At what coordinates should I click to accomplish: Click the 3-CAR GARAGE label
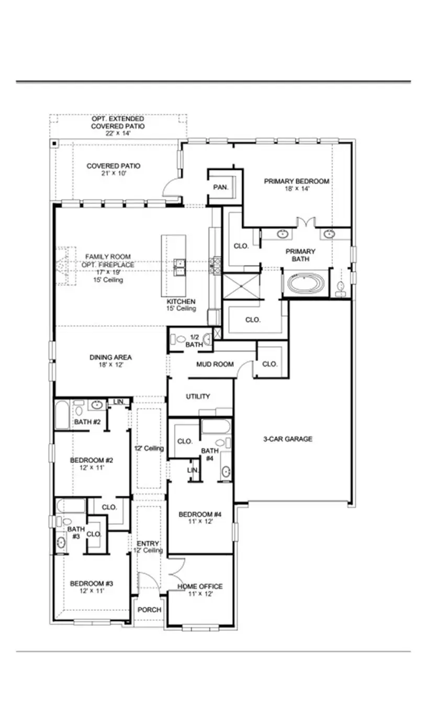click(287, 439)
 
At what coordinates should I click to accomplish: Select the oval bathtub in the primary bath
click(306, 284)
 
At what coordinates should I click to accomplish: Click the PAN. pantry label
click(220, 187)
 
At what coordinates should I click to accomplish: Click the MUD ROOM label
click(215, 364)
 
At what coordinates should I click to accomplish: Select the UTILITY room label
click(198, 396)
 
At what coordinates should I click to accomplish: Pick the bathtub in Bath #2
click(62, 415)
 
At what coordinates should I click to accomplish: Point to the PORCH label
click(149, 610)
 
